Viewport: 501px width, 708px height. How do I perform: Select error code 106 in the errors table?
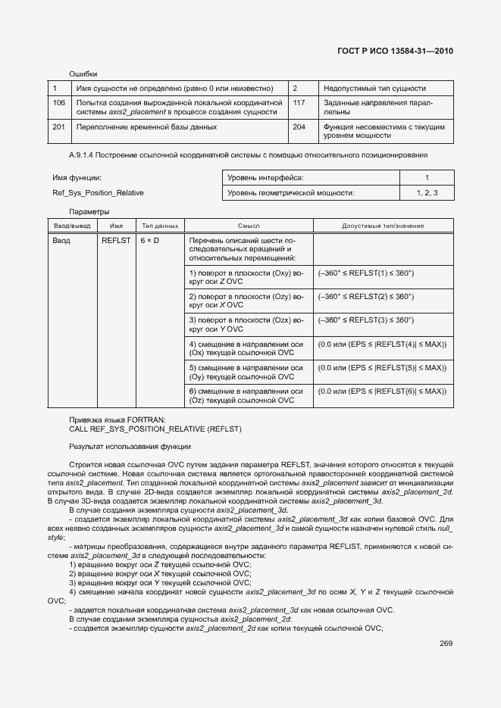(x=60, y=101)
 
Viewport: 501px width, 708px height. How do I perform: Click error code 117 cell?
(x=299, y=101)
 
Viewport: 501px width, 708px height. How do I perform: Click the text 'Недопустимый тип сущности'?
(x=374, y=88)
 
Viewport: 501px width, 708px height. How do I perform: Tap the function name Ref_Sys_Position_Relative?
(x=98, y=192)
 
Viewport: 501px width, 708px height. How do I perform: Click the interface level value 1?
(x=427, y=177)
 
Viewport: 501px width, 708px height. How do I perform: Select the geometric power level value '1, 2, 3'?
(x=427, y=193)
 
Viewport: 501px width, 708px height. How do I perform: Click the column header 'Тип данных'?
(x=160, y=226)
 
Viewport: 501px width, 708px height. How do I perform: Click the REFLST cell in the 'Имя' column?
(x=116, y=240)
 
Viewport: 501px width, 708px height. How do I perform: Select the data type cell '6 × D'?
(x=149, y=240)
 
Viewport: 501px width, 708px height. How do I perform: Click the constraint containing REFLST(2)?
(x=366, y=296)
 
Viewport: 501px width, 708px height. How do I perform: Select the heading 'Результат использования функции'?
(x=130, y=446)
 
